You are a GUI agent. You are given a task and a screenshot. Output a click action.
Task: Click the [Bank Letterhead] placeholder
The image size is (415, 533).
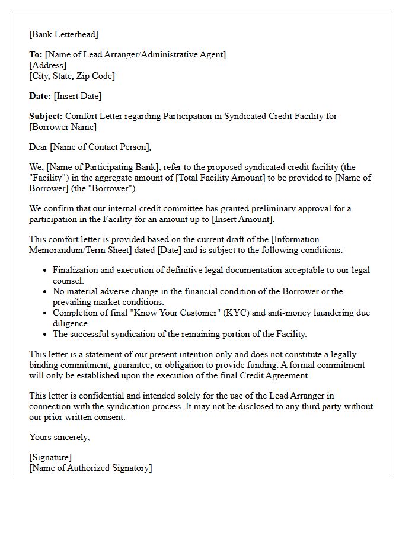64,34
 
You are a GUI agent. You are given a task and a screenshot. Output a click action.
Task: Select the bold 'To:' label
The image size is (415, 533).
36,54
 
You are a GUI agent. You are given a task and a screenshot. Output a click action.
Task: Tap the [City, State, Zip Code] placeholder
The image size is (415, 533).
72,76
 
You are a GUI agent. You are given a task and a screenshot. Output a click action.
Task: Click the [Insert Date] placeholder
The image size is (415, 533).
78,96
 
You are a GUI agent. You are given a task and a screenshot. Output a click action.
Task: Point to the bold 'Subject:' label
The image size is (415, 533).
46,116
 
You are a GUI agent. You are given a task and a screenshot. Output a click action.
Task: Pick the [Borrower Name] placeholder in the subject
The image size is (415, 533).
62,127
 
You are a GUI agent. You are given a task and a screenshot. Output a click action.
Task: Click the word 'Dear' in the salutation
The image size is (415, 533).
39,147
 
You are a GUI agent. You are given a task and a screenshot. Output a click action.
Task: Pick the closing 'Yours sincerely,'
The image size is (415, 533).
59,437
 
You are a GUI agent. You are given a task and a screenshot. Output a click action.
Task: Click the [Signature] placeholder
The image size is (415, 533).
50,457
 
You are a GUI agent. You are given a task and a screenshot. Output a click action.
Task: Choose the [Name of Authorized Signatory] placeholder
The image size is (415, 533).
90,468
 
